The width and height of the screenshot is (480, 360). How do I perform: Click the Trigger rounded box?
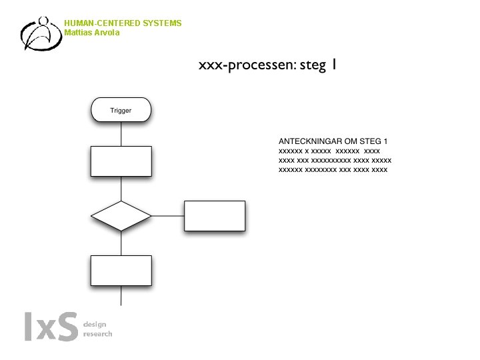121,110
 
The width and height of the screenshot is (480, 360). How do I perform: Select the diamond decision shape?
121,216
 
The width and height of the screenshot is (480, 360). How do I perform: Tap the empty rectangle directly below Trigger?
121,161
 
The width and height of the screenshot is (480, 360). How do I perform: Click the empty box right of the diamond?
214,216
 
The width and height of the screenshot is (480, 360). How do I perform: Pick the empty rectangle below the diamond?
121,270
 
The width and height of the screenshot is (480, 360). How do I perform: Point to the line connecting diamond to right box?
167,216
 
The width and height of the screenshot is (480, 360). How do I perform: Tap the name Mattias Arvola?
92,33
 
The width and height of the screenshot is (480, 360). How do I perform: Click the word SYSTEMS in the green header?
161,23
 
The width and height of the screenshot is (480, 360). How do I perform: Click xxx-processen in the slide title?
243,65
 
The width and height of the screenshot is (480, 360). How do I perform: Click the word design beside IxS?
95,324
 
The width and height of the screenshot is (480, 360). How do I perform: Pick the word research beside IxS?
98,333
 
